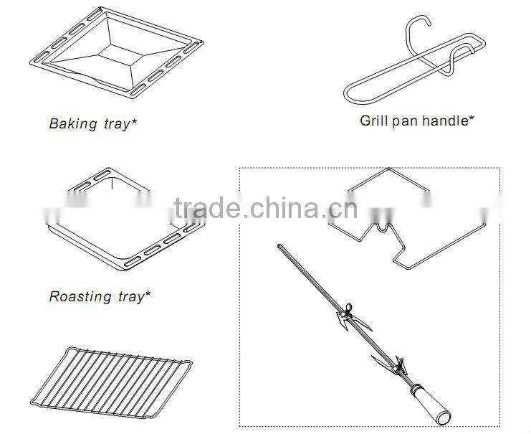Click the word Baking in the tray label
point(72,123)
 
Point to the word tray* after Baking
point(119,123)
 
